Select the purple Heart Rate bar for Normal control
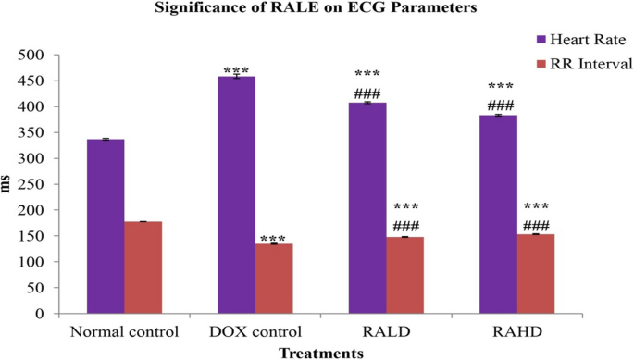pos(106,227)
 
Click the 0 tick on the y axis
pos(42,314)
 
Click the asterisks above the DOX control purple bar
pos(236,70)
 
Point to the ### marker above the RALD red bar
pos(405,227)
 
